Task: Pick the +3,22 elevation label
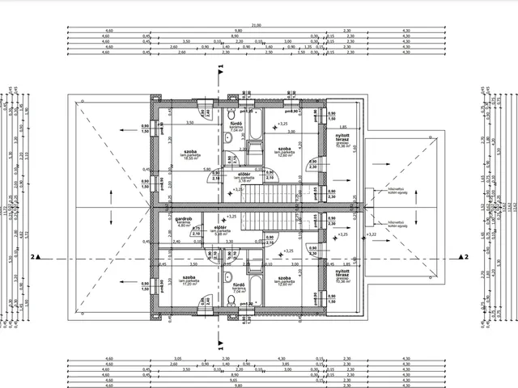[x=372, y=234]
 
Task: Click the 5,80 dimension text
[x=207, y=170]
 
